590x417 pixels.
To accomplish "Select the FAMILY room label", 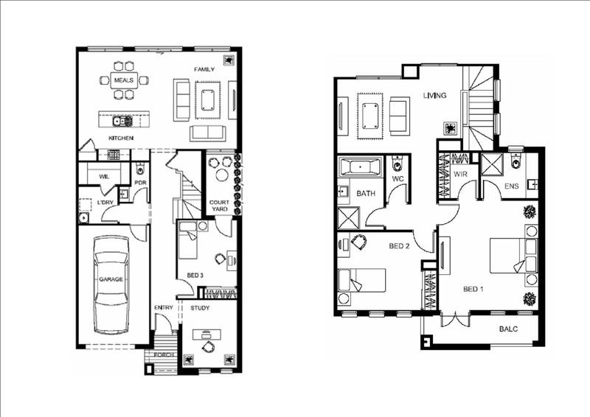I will pyautogui.click(x=204, y=69).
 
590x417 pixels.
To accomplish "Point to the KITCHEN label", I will pyautogui.click(x=120, y=138).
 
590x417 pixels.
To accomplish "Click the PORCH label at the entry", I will pyautogui.click(x=164, y=354).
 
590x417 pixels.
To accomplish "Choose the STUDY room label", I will pyautogui.click(x=201, y=308).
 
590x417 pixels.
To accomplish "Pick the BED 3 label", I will pyautogui.click(x=195, y=276).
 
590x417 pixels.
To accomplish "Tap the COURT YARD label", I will pyautogui.click(x=219, y=206).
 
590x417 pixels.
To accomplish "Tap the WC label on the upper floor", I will pyautogui.click(x=398, y=179).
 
